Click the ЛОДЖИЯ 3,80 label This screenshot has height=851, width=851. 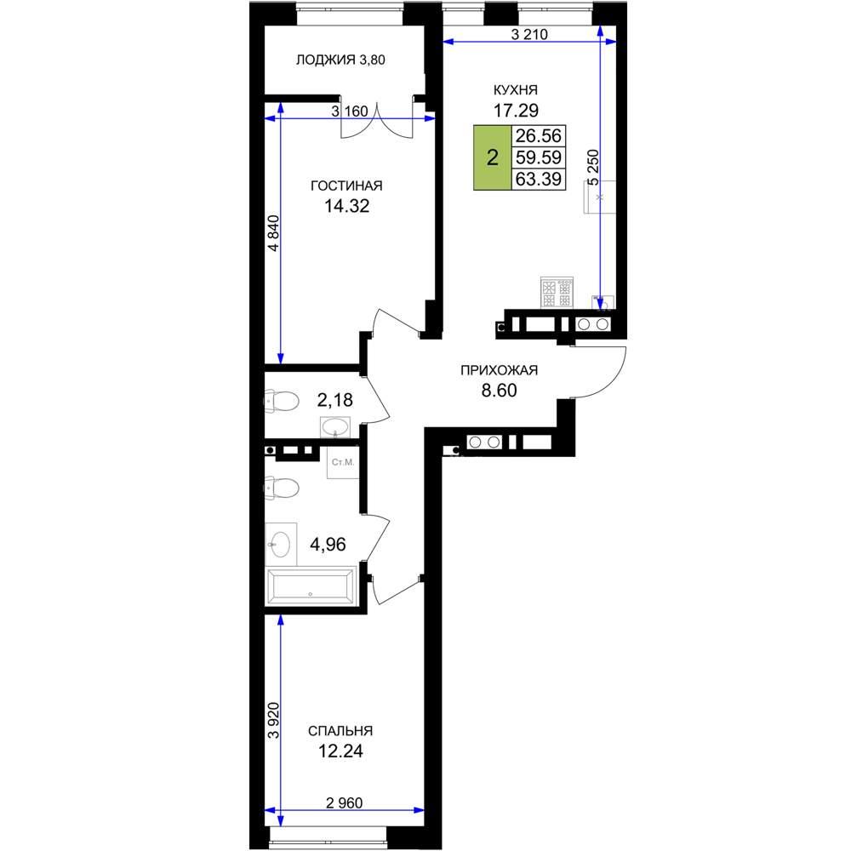click(x=340, y=60)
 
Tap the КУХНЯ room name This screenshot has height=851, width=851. click(x=515, y=89)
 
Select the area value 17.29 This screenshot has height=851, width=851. click(x=516, y=110)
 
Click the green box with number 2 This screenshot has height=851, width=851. click(x=492, y=158)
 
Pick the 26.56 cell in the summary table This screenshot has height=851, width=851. click(x=539, y=135)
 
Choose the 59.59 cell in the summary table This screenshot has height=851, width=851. click(x=539, y=157)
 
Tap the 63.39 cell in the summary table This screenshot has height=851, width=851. click(x=539, y=179)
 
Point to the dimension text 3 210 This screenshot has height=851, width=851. click(x=529, y=34)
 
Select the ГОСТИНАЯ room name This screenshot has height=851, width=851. click(x=346, y=186)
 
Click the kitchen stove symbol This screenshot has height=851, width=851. click(x=557, y=293)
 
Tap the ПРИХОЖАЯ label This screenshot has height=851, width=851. click(x=499, y=370)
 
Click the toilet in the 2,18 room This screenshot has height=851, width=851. click(x=282, y=402)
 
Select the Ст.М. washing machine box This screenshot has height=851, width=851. click(x=342, y=462)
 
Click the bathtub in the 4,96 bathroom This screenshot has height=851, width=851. click(x=311, y=586)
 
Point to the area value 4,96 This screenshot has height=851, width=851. click(x=328, y=544)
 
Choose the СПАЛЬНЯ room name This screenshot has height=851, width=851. click(x=340, y=731)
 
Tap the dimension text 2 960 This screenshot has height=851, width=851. click(x=345, y=802)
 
